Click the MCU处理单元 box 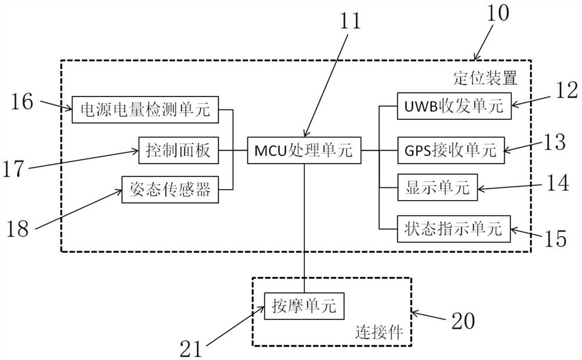[x=304, y=152]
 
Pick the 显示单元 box [x=436, y=187]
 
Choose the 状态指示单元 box [x=453, y=229]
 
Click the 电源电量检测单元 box [x=145, y=109]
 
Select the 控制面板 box [x=178, y=152]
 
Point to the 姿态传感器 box [x=170, y=190]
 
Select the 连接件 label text [x=379, y=333]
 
